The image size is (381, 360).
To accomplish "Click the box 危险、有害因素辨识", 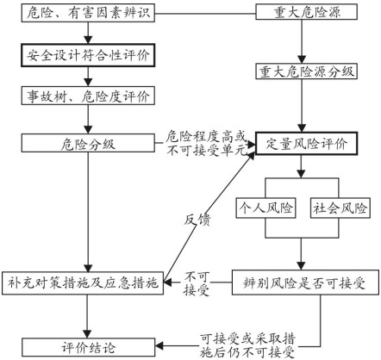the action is click(88, 13).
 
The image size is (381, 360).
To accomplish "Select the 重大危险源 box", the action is click(307, 12).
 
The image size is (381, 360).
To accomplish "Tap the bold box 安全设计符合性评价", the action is click(88, 55).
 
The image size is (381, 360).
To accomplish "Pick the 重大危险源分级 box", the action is click(307, 71).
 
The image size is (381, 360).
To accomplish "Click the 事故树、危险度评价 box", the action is click(88, 96).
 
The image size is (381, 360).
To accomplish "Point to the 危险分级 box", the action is click(88, 143).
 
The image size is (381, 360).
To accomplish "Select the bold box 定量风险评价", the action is click(307, 143).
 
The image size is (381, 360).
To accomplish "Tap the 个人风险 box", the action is click(265, 208).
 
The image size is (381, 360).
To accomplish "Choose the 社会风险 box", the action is click(340, 208).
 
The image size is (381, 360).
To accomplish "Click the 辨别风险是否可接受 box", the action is click(305, 282).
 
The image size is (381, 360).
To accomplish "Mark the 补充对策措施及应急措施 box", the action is click(83, 282).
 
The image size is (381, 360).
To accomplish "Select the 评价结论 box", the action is click(89, 347).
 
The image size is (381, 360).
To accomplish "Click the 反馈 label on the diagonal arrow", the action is click(197, 220).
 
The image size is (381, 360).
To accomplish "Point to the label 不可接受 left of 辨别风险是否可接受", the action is click(197, 283).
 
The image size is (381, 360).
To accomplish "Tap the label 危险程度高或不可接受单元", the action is click(206, 143).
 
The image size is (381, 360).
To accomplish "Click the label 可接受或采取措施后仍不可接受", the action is click(247, 345).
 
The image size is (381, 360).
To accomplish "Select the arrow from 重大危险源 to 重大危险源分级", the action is click(302, 41).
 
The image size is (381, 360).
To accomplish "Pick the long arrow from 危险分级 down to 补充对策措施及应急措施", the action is click(88, 211).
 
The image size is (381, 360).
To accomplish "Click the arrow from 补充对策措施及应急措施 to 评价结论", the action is click(87, 316).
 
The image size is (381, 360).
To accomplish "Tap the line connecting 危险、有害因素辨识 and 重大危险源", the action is click(205, 13).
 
